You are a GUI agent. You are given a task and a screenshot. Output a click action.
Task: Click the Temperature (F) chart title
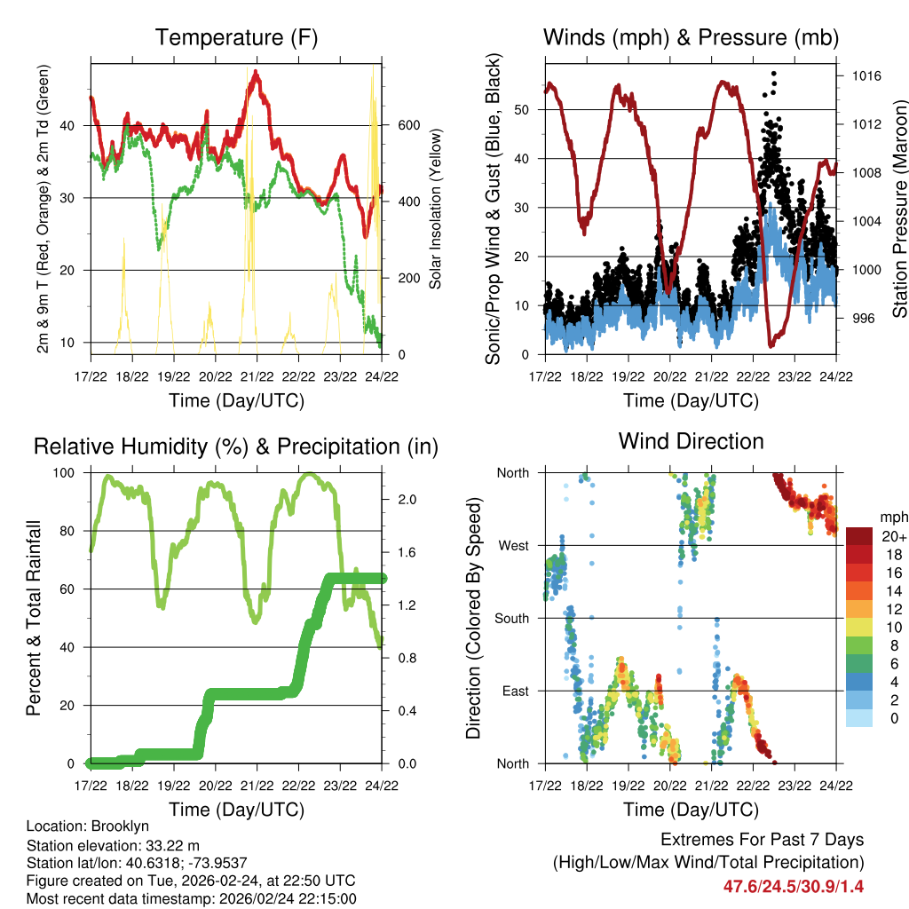pyautogui.click(x=236, y=37)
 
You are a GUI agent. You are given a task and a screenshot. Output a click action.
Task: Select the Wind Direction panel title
pyautogui.click(x=691, y=441)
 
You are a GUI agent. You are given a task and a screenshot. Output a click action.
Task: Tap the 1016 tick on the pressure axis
pyautogui.click(x=866, y=76)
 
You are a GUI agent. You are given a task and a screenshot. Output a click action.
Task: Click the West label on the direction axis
pyautogui.click(x=512, y=545)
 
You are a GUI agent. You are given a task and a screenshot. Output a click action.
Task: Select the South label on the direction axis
pyautogui.click(x=510, y=618)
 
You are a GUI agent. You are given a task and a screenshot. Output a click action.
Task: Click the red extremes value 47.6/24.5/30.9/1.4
pyautogui.click(x=794, y=886)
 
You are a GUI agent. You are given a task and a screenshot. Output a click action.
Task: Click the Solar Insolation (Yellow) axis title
pyautogui.click(x=435, y=209)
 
